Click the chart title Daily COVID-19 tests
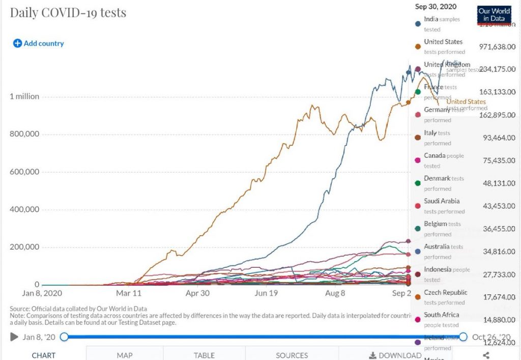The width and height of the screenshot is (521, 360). coord(68,12)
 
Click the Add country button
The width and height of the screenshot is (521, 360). coord(39,43)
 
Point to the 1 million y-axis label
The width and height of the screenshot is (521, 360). coord(24,96)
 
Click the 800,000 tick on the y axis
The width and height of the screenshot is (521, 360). coord(24,134)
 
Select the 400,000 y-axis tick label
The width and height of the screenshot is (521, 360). coord(24,209)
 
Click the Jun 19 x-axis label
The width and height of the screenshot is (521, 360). coord(267,293)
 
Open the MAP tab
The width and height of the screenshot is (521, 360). coord(124,355)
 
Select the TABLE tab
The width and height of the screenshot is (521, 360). coord(204,355)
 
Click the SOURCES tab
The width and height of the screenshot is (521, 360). coord(292,355)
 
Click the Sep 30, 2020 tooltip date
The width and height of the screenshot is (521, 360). coord(436,7)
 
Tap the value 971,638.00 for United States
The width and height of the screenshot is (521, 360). coord(498,47)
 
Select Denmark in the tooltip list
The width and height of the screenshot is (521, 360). coord(437,178)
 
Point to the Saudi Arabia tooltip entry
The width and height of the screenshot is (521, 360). coord(442,201)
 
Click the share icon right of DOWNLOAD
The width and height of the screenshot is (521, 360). coord(486,355)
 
